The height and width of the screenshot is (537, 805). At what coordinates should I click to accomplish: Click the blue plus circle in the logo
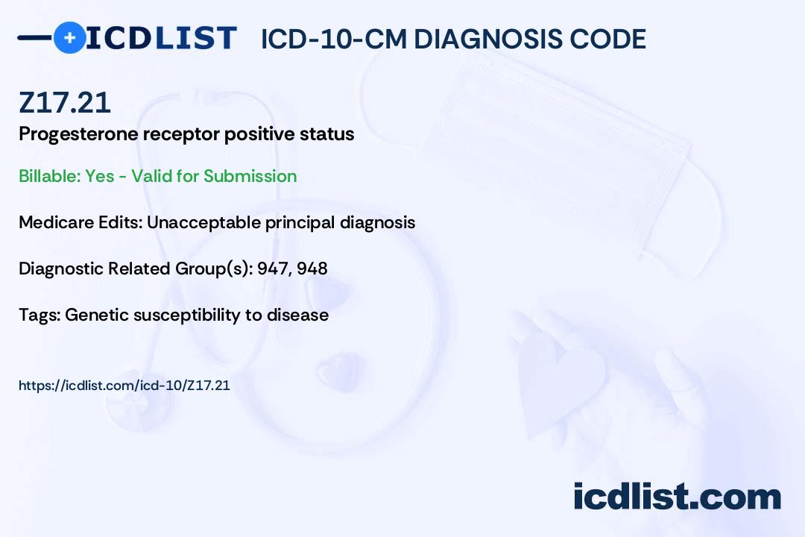(69, 37)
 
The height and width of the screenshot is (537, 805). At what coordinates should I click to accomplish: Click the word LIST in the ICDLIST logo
(195, 38)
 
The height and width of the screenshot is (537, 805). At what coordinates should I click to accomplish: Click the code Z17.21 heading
(65, 103)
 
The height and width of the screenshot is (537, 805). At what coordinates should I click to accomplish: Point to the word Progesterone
(78, 134)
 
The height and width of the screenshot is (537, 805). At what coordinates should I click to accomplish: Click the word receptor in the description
(181, 135)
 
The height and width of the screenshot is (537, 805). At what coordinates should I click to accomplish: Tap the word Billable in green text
(50, 176)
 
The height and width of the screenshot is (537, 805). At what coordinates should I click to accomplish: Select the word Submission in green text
(250, 176)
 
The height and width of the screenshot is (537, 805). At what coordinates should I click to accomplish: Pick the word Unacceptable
(203, 222)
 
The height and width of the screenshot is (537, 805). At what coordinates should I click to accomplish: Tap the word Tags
(40, 315)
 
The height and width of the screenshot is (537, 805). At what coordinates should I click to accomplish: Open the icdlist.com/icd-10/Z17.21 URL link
(124, 386)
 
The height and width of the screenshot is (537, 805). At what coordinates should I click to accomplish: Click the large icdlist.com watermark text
(677, 496)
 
